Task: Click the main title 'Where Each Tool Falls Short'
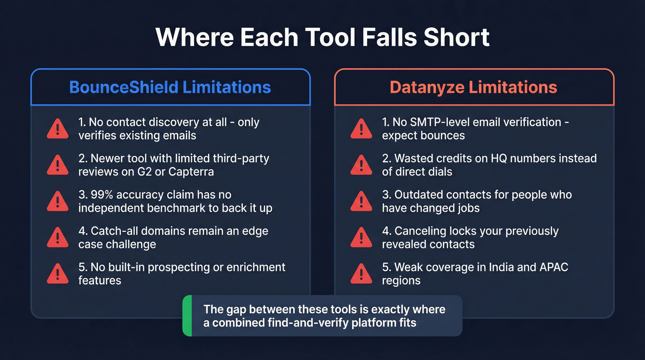pyautogui.click(x=322, y=37)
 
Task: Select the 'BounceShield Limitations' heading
pyautogui.click(x=170, y=87)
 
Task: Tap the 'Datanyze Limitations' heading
pyautogui.click(x=474, y=87)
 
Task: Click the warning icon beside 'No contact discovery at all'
pyautogui.click(x=58, y=129)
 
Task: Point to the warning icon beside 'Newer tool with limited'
pyautogui.click(x=58, y=165)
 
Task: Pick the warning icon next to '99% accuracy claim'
pyautogui.click(x=58, y=201)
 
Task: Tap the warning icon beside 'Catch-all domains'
pyautogui.click(x=58, y=237)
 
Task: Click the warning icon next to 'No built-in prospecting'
pyautogui.click(x=58, y=274)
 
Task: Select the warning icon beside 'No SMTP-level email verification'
pyautogui.click(x=361, y=129)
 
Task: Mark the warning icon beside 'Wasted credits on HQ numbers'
pyautogui.click(x=361, y=165)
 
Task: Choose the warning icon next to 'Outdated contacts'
pyautogui.click(x=361, y=201)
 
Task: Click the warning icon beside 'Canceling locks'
pyautogui.click(x=361, y=237)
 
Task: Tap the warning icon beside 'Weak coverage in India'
pyautogui.click(x=361, y=274)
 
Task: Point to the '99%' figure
pyautogui.click(x=101, y=195)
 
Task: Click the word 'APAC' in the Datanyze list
pyautogui.click(x=554, y=267)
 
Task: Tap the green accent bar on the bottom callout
pyautogui.click(x=187, y=316)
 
